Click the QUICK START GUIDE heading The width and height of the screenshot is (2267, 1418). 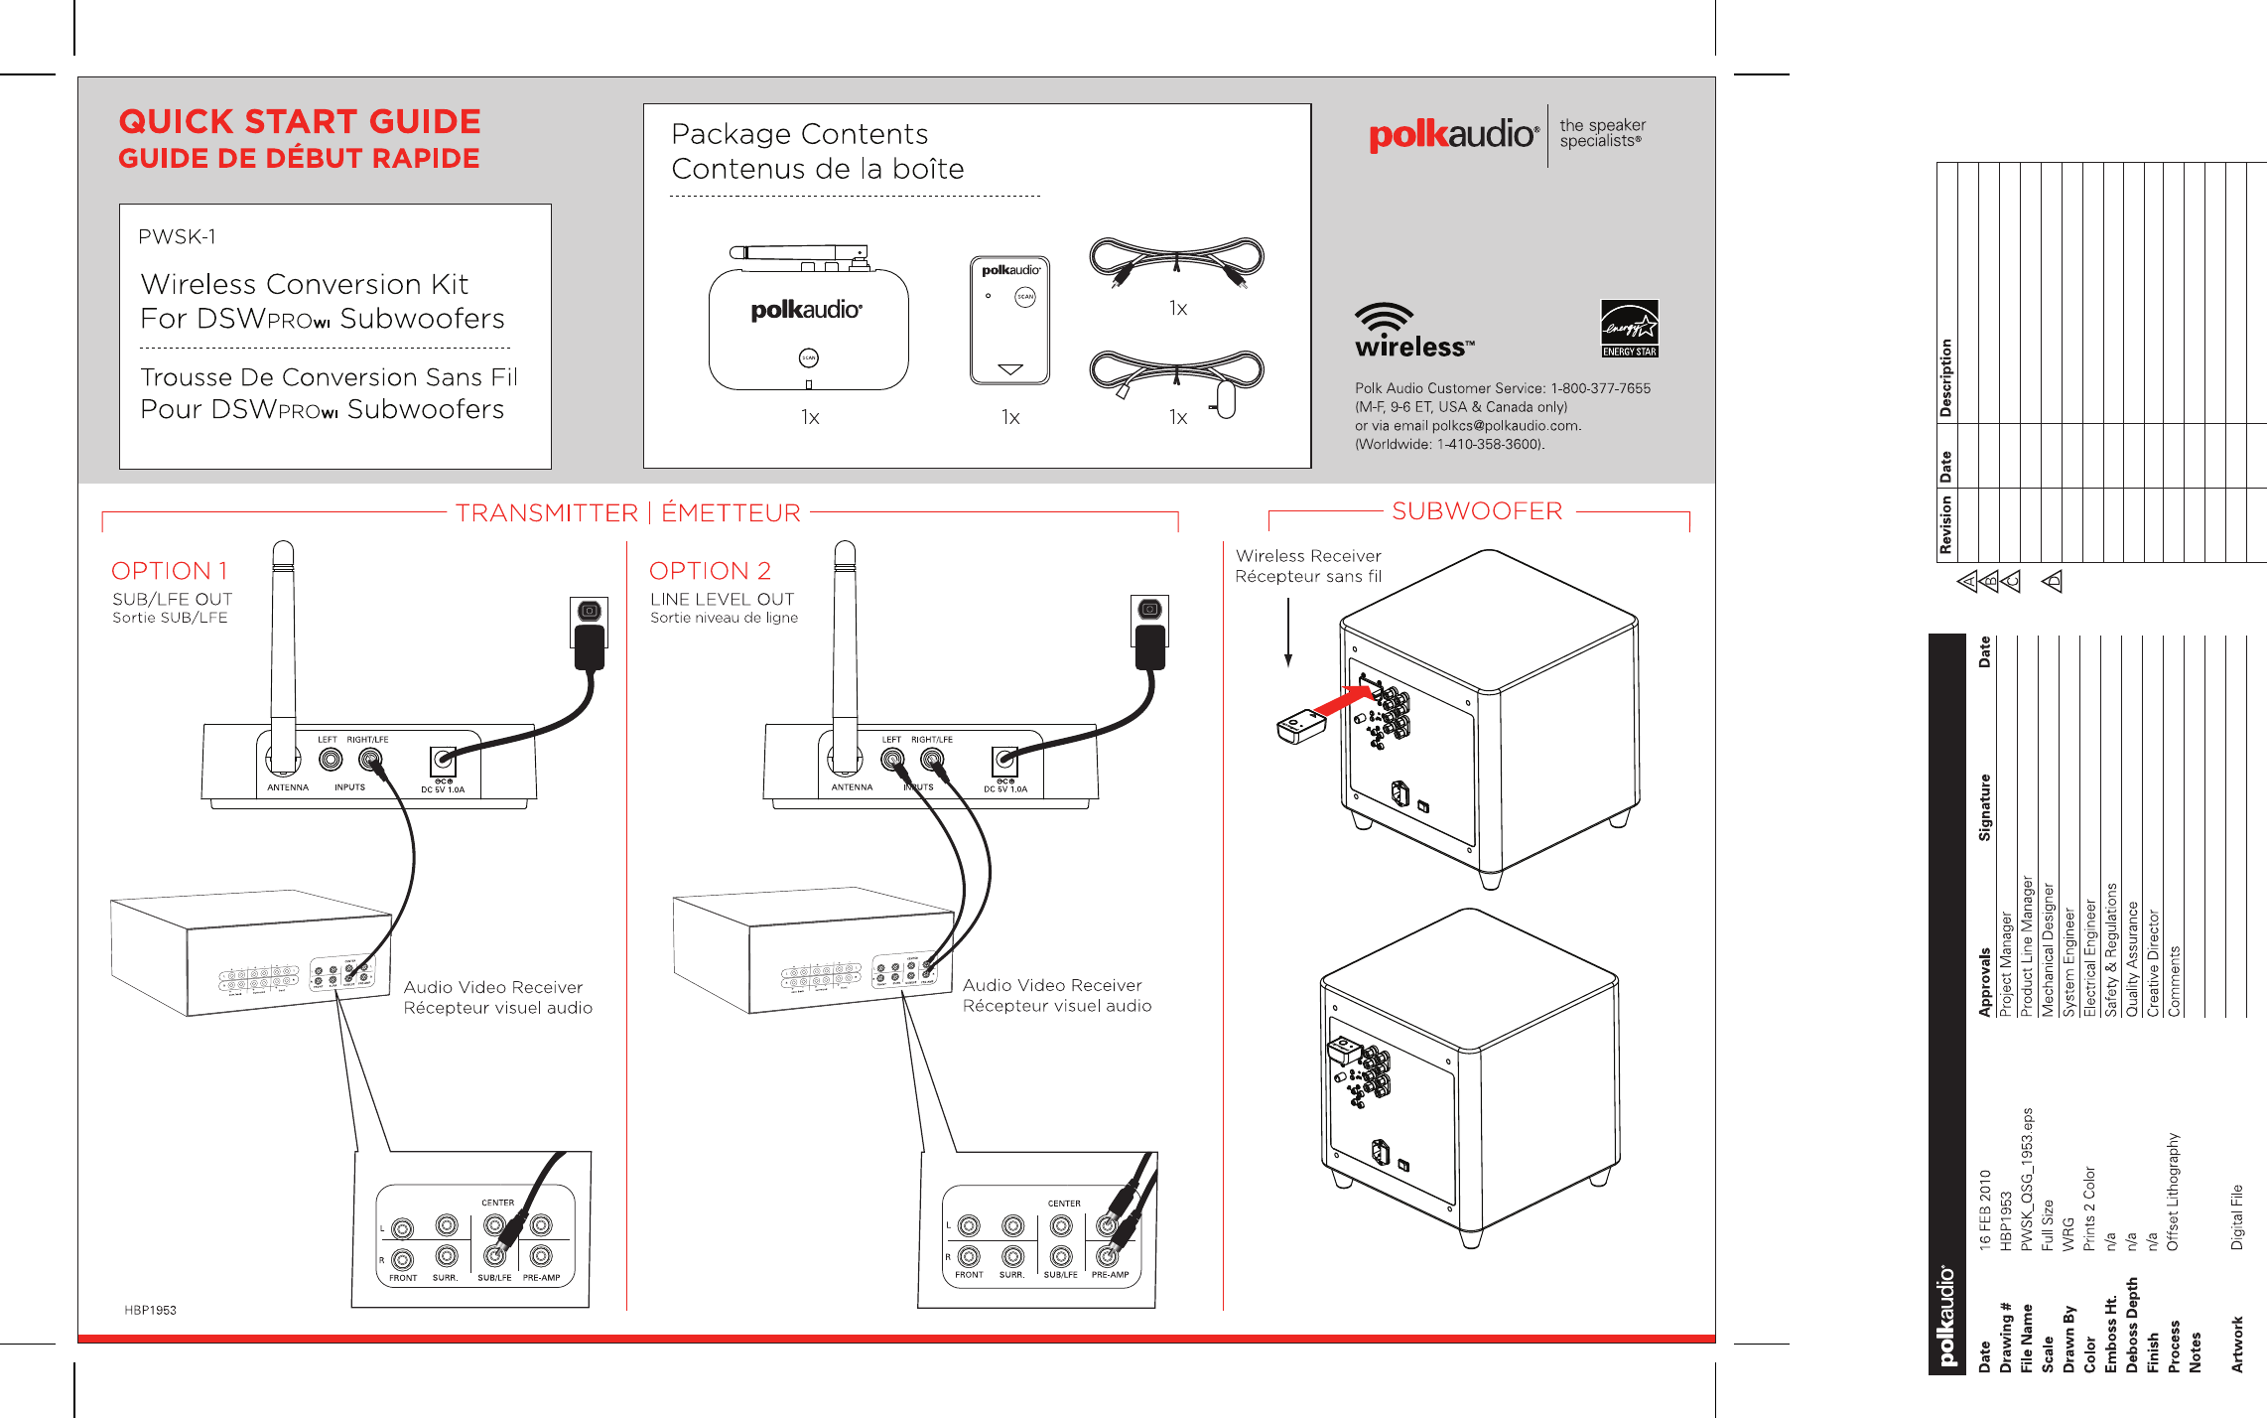(299, 122)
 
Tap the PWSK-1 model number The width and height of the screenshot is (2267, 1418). (177, 237)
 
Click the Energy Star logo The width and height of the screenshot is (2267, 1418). (1629, 328)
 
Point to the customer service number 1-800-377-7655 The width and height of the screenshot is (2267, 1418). (1600, 388)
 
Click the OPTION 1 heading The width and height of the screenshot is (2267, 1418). (170, 571)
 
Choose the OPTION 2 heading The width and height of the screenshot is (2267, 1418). (710, 571)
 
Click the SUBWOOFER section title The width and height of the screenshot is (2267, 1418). (1476, 511)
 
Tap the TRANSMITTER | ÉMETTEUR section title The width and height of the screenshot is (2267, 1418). (627, 513)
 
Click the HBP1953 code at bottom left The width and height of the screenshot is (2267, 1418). (150, 1310)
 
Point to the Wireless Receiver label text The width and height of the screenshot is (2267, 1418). (1308, 556)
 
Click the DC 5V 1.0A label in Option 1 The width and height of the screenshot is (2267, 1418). (443, 789)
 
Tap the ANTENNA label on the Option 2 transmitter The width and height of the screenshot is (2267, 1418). (852, 787)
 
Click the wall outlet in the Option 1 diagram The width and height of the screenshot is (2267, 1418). (589, 612)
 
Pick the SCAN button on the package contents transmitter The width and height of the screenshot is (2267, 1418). (809, 357)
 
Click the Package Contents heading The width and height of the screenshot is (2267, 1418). (799, 134)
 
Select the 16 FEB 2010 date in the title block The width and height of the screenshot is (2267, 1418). (1984, 1208)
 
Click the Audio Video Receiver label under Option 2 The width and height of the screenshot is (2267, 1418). (1052, 985)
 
